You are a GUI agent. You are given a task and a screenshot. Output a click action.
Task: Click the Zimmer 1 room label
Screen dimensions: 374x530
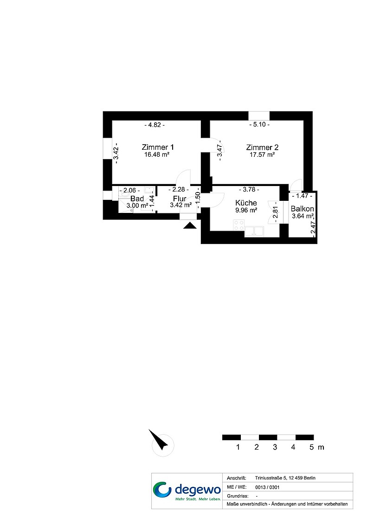click(158, 147)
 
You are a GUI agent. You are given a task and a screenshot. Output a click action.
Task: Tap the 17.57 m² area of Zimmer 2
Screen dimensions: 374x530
click(262, 155)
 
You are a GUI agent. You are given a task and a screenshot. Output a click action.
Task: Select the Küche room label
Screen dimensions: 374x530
click(246, 203)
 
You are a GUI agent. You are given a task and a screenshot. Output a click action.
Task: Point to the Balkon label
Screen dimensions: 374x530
click(303, 209)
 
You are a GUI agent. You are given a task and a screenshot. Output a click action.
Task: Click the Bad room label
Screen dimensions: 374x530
click(137, 199)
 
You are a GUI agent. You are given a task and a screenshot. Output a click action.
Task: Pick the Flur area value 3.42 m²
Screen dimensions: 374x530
click(181, 205)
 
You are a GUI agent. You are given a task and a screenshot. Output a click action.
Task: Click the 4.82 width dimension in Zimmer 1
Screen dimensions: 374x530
click(155, 125)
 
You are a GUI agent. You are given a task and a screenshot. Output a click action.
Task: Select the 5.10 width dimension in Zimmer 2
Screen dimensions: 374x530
click(259, 125)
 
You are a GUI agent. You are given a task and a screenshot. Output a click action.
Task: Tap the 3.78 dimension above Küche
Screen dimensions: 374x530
click(249, 189)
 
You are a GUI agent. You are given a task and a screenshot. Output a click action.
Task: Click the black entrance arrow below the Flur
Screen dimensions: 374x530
click(190, 225)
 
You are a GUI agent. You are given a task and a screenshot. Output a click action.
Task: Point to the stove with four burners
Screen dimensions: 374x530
click(239, 225)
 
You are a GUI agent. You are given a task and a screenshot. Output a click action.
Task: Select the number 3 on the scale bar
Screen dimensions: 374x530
click(275, 447)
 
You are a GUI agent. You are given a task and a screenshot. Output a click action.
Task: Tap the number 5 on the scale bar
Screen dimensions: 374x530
click(312, 447)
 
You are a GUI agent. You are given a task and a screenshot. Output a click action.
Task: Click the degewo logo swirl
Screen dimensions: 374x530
click(162, 490)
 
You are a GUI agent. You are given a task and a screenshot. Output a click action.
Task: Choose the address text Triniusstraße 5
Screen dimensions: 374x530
click(270, 478)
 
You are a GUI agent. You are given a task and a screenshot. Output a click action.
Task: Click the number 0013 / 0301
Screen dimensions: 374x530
click(267, 487)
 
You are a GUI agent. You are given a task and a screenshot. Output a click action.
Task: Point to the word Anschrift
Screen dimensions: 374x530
click(236, 478)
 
